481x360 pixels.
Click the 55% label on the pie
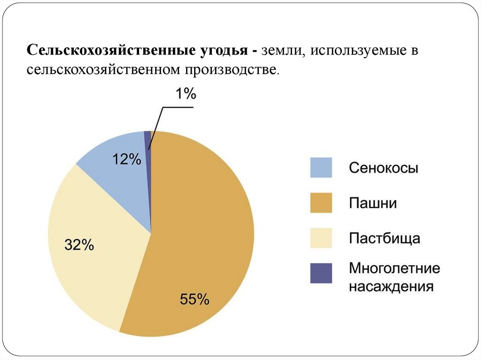[194, 299]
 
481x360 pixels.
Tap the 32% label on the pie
[79, 245]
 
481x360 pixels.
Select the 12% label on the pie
[126, 160]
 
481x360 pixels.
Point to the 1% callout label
[186, 94]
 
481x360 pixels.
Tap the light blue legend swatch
[321, 168]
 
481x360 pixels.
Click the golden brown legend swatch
[321, 203]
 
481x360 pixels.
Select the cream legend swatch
[321, 238]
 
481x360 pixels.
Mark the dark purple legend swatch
[321, 273]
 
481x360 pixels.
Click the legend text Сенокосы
[383, 168]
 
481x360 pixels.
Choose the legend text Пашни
[372, 203]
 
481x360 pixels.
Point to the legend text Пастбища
[384, 238]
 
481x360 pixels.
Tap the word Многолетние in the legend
[394, 269]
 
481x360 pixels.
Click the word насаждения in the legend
[391, 286]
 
